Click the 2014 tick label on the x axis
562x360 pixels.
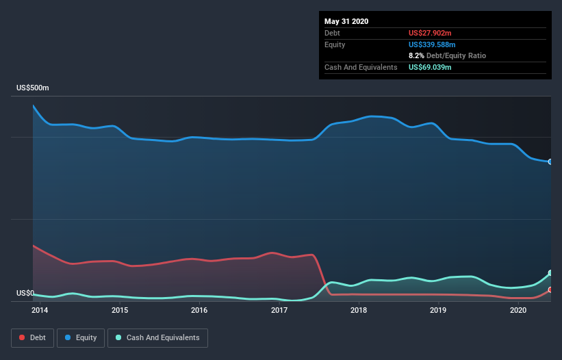coord(40,310)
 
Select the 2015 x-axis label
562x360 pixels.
coord(120,310)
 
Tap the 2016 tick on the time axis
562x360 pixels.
coord(199,310)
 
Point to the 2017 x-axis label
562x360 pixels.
coord(279,310)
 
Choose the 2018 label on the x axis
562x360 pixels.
coord(359,310)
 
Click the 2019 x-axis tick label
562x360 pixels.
coord(438,310)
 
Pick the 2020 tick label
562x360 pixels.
coord(518,310)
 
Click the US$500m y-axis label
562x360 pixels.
coord(33,88)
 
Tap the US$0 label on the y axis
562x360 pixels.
coord(25,294)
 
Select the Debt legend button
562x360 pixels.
coord(33,338)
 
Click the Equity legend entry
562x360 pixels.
coord(81,338)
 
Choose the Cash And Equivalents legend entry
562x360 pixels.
coord(157,338)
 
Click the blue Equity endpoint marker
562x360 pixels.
coord(550,162)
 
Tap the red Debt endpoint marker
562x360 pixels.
coord(550,290)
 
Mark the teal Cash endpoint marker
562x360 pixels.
coord(550,273)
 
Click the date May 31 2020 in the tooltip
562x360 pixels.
coord(346,21)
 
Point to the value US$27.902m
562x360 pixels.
coord(430,34)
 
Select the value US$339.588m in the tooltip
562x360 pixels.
coord(432,44)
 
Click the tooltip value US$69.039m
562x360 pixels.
coord(430,67)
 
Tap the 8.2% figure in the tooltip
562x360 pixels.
coord(416,56)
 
